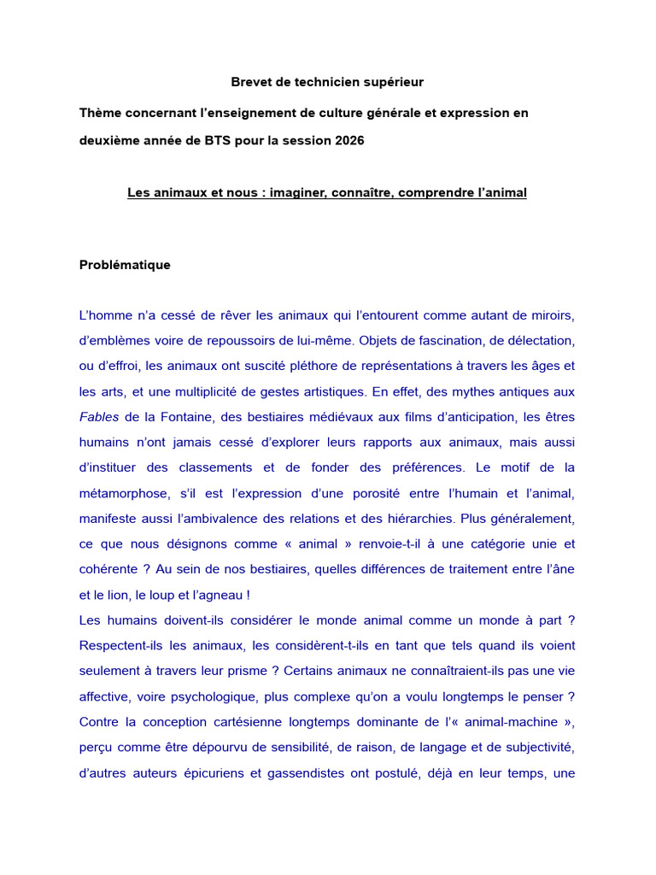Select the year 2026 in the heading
(x=347, y=140)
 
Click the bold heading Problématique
(x=125, y=265)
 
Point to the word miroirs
(x=548, y=315)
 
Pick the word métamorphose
(x=119, y=493)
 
